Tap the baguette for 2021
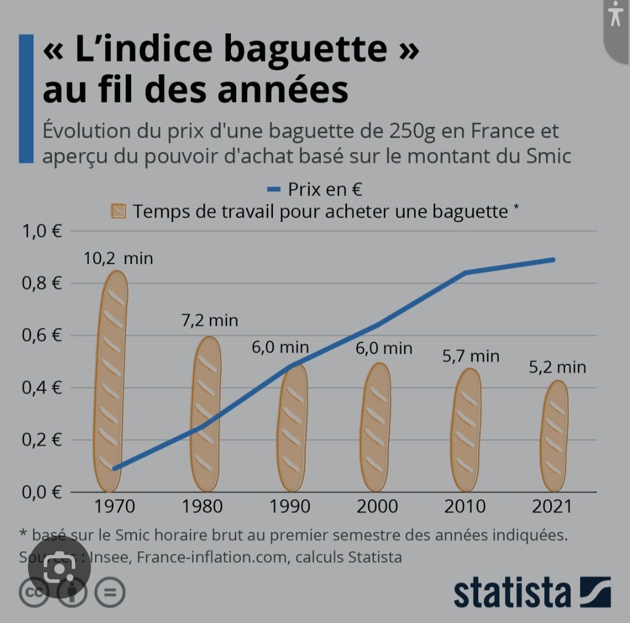click(x=554, y=436)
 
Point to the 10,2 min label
click(x=118, y=257)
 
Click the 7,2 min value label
click(x=209, y=320)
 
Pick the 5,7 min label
click(x=471, y=356)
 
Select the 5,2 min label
click(x=557, y=367)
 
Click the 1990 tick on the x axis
click(x=290, y=506)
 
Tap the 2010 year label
click(x=465, y=506)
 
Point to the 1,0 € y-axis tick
click(x=41, y=231)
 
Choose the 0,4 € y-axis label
click(x=41, y=388)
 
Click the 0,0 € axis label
click(x=41, y=492)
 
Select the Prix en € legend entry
click(x=316, y=189)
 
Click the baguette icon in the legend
click(x=118, y=211)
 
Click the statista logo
click(x=531, y=593)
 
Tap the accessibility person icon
click(x=616, y=16)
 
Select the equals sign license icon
click(x=109, y=593)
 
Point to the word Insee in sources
click(x=111, y=557)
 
